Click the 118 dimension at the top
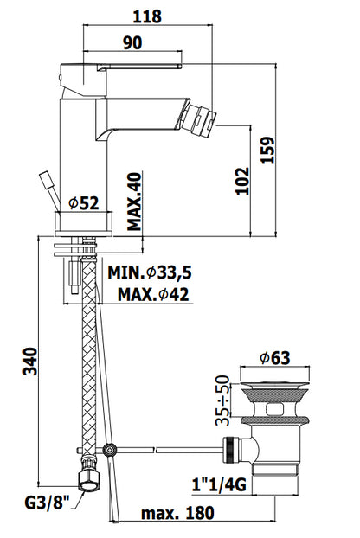tap(147, 16)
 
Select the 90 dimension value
tap(132, 43)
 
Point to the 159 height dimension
tap(268, 151)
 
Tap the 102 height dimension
tap(242, 181)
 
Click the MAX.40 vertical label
tap(134, 202)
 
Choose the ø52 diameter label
tap(84, 203)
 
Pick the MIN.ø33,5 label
tap(150, 272)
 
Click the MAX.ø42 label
tap(153, 294)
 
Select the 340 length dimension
tap(30, 362)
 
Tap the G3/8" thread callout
tap(47, 503)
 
